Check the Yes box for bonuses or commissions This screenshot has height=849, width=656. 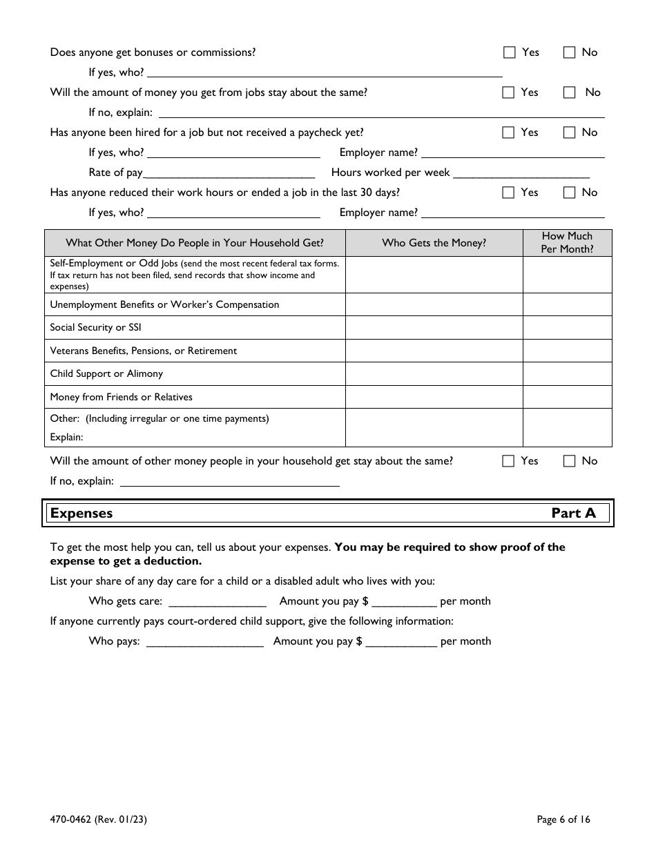509,52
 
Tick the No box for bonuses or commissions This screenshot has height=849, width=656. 569,52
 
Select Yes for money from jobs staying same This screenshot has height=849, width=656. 509,92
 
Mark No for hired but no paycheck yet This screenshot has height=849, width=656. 569,133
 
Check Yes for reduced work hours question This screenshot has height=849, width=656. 509,193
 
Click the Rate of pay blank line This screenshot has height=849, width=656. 229,173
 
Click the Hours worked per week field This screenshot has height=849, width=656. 521,173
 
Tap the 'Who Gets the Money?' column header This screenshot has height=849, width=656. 434,243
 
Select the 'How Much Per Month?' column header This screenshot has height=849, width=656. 567,243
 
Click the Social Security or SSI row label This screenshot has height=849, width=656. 96,328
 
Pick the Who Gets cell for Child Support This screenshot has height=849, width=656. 434,374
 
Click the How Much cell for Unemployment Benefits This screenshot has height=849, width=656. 567,304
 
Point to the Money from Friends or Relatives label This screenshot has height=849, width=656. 122,397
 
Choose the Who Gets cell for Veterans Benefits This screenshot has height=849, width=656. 434,351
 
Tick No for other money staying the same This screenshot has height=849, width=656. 569,461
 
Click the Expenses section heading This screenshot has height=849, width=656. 81,514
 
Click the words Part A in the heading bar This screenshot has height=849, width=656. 573,514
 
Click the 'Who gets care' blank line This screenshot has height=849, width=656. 218,602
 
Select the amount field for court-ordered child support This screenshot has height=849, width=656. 401,642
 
